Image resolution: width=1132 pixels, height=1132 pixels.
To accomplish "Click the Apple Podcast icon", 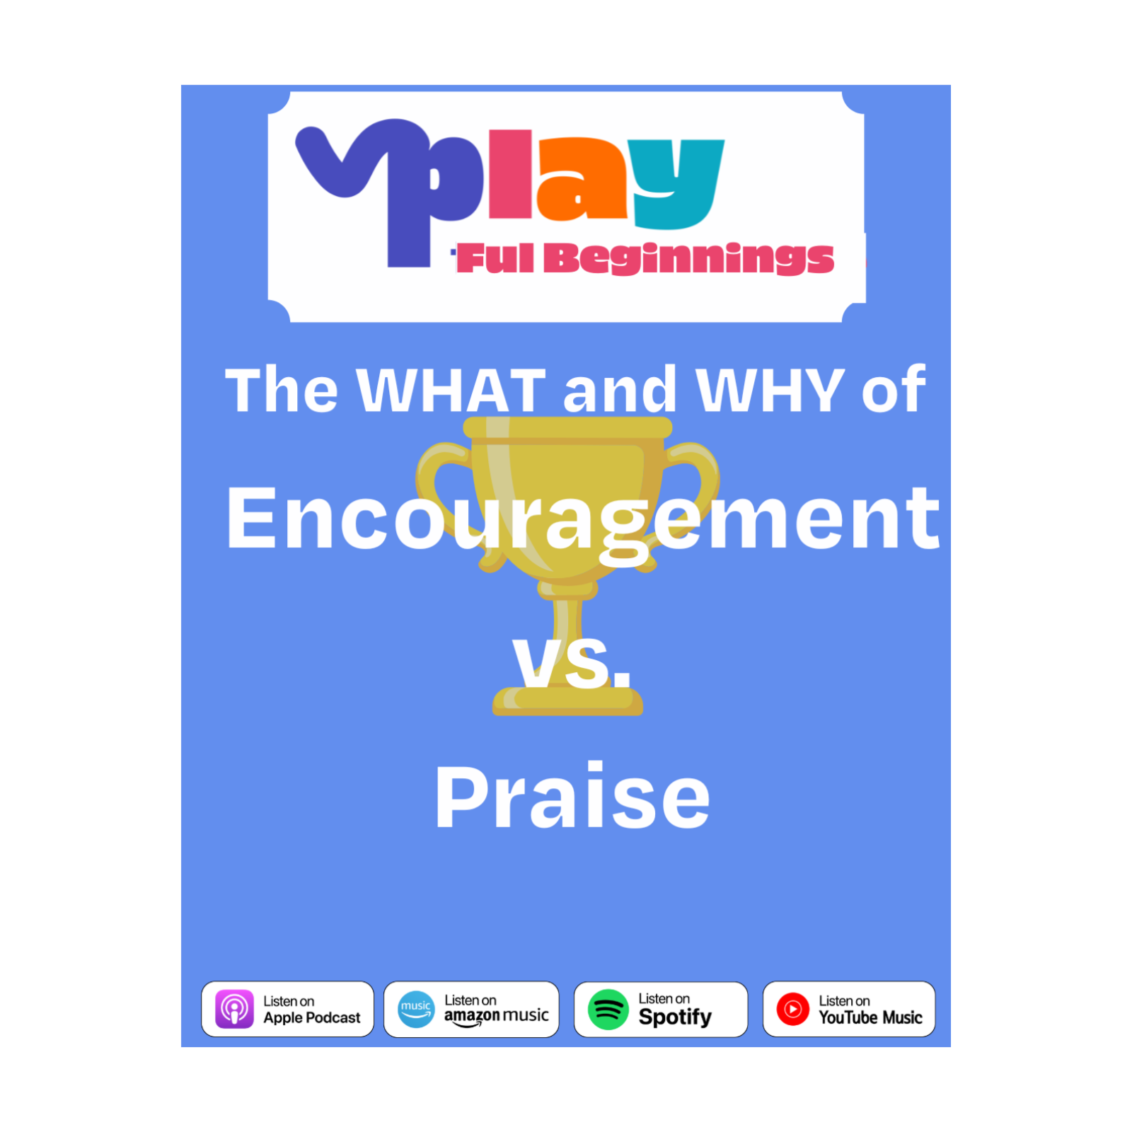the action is [x=234, y=1009].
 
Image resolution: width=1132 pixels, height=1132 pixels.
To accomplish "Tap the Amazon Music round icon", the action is [x=416, y=1009].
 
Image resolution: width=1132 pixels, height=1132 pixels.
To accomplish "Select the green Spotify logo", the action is [x=608, y=1010].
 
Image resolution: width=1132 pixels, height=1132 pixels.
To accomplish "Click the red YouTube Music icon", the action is [x=792, y=1009].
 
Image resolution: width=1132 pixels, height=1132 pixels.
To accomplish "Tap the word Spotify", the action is [x=675, y=1017].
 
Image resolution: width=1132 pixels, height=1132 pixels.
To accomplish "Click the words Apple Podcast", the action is [x=312, y=1018].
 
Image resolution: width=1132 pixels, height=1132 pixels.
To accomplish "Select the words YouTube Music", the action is [x=870, y=1017].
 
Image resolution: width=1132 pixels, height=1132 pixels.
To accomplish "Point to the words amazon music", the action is [x=496, y=1016].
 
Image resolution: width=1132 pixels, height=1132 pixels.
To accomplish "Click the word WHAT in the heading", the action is [x=451, y=390].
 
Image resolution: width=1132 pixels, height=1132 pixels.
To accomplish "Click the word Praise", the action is [x=572, y=797].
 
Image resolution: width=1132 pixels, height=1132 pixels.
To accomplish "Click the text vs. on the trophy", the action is [x=572, y=663].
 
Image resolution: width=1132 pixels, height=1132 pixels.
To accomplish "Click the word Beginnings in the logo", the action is [x=688, y=258].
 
